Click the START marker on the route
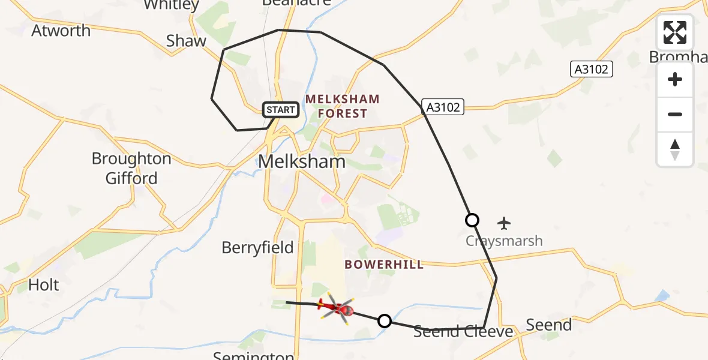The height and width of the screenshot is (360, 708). coord(280,110)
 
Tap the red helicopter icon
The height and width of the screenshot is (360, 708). coord(337,308)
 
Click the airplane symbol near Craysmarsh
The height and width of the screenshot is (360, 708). coord(504,224)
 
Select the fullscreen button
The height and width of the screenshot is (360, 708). coord(675,32)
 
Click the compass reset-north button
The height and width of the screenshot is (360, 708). coord(675,149)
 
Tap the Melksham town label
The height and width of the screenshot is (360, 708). coord(302,161)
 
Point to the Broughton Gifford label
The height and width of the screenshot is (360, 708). coord(131,169)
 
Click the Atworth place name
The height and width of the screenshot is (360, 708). coord(61,31)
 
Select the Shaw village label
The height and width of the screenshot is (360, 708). coord(186,41)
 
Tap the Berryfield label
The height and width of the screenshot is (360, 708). coord(257,247)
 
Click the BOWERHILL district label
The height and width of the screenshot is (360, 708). coord(384,265)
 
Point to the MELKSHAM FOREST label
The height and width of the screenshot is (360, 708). coord(343,106)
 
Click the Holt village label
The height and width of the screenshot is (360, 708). coord(44,284)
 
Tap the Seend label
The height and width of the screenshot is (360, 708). coord(548,325)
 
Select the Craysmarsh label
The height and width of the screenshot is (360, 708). coord(504,241)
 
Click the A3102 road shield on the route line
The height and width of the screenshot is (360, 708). coord(443,107)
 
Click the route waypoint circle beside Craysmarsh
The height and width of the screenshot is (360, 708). coord(472,220)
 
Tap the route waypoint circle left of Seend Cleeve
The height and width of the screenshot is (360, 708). coord(385,321)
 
